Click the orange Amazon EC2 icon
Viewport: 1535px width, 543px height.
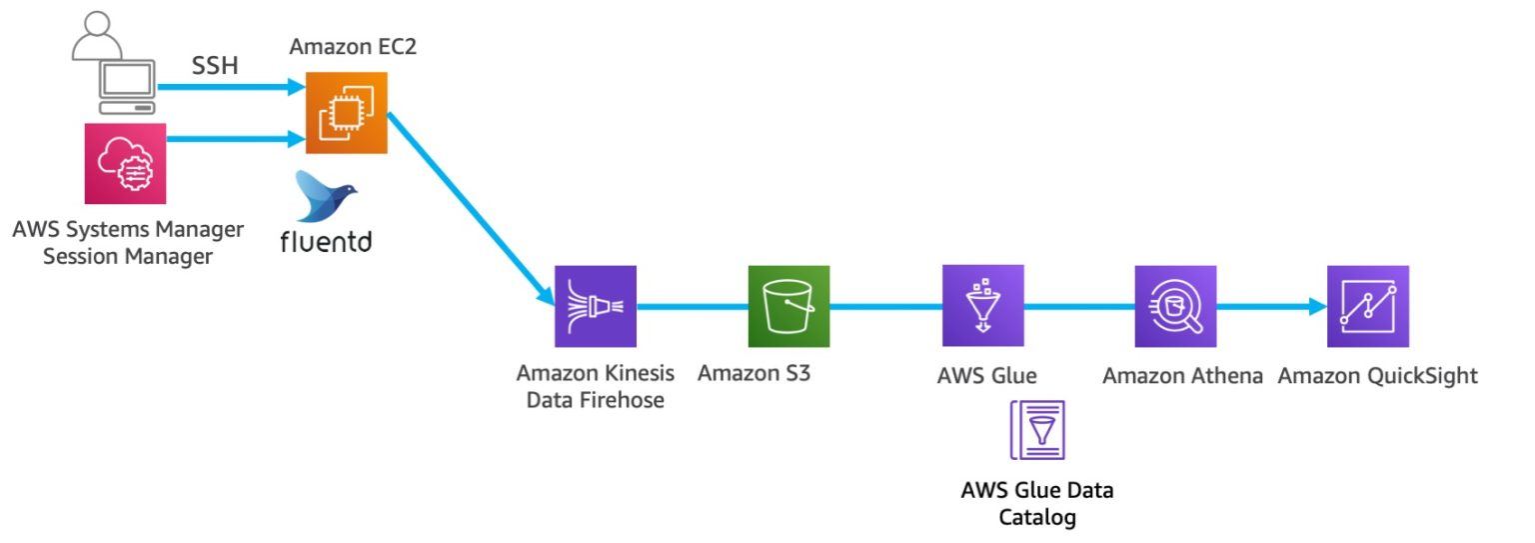tap(346, 113)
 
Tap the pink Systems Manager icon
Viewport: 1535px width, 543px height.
tap(126, 164)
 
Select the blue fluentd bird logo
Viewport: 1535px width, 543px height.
tap(326, 195)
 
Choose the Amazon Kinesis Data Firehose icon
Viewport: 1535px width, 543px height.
tap(596, 306)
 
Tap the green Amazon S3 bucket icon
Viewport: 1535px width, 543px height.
tap(788, 306)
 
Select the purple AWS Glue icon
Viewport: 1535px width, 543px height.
tap(982, 306)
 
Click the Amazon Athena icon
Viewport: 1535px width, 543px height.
tap(1175, 306)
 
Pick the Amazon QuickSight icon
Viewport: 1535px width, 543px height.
tap(1368, 306)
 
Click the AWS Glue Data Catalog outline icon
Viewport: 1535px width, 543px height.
tap(1037, 430)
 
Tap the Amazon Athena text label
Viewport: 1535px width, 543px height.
tap(1182, 376)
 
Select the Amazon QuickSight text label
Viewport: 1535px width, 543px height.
tap(1377, 376)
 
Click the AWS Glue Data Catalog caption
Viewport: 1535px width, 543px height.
tap(1036, 504)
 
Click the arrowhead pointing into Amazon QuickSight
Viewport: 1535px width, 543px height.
tap(1317, 307)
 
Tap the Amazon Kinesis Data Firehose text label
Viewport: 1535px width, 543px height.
tap(595, 387)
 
